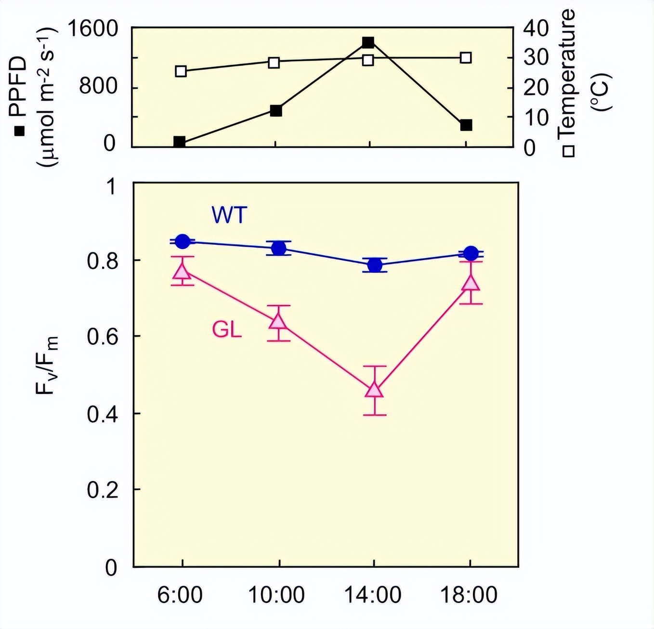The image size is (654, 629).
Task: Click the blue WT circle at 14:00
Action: click(375, 265)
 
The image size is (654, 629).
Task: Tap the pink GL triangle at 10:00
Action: click(278, 321)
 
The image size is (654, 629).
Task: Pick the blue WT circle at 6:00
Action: click(182, 241)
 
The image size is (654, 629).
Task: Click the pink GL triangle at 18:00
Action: click(471, 283)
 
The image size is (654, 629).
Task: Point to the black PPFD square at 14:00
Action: click(368, 42)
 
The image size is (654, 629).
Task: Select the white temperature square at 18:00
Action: click(466, 58)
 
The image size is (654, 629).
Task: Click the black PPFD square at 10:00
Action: click(275, 111)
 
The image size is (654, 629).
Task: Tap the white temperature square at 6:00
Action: click(181, 71)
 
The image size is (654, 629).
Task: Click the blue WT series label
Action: click(229, 215)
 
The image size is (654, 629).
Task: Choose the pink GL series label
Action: click(227, 330)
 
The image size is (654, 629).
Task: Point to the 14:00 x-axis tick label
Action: click(372, 595)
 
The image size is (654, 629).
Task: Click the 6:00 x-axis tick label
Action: click(180, 595)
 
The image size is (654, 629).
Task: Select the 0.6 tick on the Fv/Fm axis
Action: click(102, 337)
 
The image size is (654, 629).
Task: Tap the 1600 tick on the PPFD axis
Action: click(92, 29)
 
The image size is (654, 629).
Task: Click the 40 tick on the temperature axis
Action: click(536, 29)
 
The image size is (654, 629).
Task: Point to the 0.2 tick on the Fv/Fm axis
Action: click(102, 490)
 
